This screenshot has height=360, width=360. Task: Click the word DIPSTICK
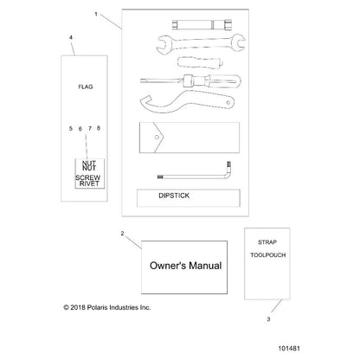point(174,196)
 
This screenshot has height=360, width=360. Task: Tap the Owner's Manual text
point(186,266)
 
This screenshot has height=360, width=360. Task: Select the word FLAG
point(86,87)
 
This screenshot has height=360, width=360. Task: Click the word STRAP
point(267,242)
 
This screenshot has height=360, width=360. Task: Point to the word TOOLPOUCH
point(267,255)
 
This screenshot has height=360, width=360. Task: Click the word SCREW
point(88,177)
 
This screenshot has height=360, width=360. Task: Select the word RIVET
point(89,183)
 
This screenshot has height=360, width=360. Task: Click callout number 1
point(96,14)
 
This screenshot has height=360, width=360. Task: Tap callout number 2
point(122,234)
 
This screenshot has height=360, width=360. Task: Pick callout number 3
point(268,319)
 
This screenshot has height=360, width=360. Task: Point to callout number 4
point(71,37)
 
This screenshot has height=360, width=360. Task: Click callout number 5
point(71,129)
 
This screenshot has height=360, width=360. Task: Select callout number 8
point(99,128)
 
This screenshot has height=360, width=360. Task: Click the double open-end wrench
point(201,43)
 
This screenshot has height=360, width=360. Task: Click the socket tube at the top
point(202,24)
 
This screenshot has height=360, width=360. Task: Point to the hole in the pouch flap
point(157,138)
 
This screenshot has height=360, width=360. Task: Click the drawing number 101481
point(289,349)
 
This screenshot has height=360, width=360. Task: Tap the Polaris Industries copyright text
point(107,307)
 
